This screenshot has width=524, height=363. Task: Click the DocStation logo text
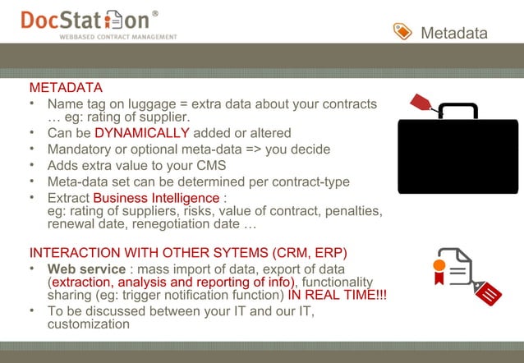click(x=85, y=21)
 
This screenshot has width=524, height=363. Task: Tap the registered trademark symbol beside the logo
click(x=156, y=14)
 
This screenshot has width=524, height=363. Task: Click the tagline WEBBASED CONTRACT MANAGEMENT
click(x=117, y=37)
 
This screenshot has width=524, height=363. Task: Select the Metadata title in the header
click(x=453, y=33)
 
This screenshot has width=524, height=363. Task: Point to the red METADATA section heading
click(x=66, y=88)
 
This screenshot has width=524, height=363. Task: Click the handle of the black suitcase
click(x=457, y=109)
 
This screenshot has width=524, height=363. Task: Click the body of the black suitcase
click(x=457, y=156)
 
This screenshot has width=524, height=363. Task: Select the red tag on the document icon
click(x=488, y=292)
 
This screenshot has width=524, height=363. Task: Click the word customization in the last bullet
click(x=89, y=324)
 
